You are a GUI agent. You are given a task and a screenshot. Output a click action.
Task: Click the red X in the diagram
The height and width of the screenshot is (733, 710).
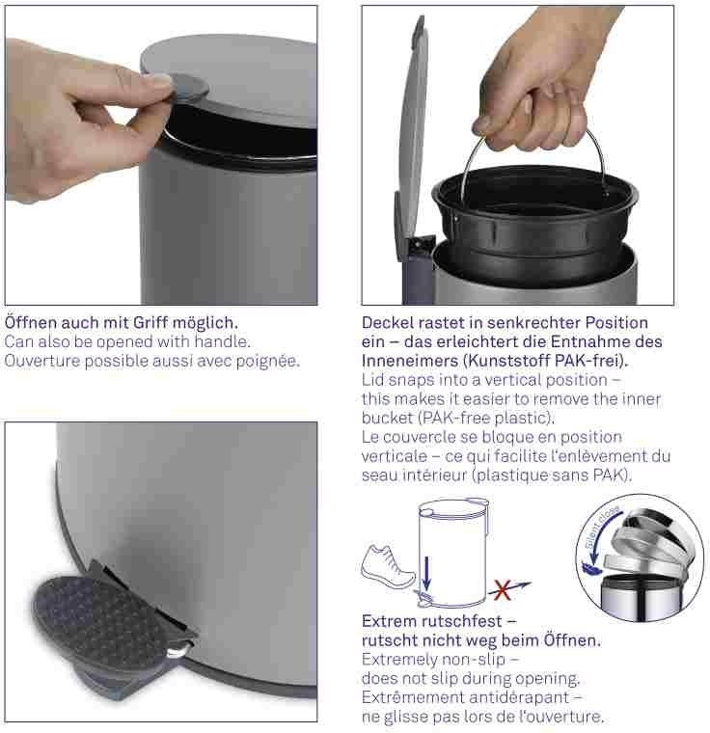pyautogui.click(x=502, y=590)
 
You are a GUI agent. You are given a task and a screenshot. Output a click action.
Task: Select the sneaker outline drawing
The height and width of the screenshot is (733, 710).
pyautogui.click(x=388, y=566)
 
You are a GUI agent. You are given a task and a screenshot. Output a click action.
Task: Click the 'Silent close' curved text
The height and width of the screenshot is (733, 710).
pyautogui.click(x=602, y=526)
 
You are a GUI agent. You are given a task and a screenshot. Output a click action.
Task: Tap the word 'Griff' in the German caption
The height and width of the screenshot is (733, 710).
pyautogui.click(x=150, y=322)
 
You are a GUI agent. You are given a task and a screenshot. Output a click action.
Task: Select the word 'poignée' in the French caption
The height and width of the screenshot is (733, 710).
pyautogui.click(x=267, y=362)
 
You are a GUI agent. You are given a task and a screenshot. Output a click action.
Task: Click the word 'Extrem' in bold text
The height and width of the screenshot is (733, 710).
pyautogui.click(x=388, y=621)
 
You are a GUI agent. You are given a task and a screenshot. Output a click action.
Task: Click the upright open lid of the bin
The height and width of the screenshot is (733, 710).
pyautogui.click(x=414, y=126)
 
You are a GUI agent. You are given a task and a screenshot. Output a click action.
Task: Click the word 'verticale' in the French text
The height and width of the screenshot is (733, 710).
pyautogui.click(x=395, y=456)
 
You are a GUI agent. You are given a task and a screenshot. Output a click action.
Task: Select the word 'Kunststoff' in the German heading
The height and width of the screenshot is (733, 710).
pyautogui.click(x=507, y=361)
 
